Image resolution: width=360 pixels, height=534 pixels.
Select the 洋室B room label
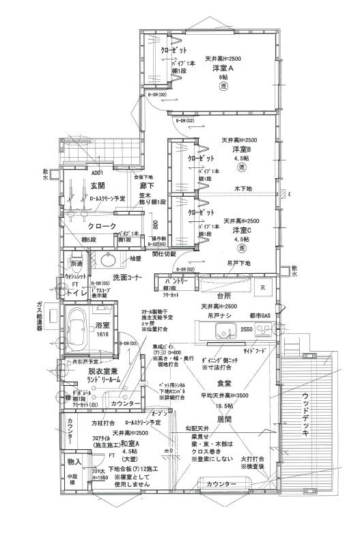coord(242,149)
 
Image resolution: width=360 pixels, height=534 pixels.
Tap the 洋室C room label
coord(242,230)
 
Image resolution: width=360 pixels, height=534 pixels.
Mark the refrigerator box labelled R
coord(263,287)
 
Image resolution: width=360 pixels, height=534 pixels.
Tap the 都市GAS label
coord(262,316)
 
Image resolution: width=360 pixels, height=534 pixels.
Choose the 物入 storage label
coord(74,462)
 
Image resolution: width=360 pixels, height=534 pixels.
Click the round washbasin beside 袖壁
coord(107,260)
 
